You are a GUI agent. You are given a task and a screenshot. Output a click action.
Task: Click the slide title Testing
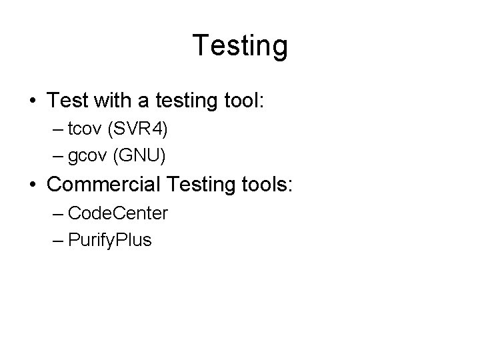tap(240, 46)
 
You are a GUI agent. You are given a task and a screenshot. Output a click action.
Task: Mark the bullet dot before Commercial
tap(33, 184)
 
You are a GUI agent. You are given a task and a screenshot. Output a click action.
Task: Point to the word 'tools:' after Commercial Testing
tap(270, 184)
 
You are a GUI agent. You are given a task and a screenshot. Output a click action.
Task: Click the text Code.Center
tap(118, 213)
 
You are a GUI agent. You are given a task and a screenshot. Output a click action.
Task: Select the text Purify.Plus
tap(110, 241)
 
